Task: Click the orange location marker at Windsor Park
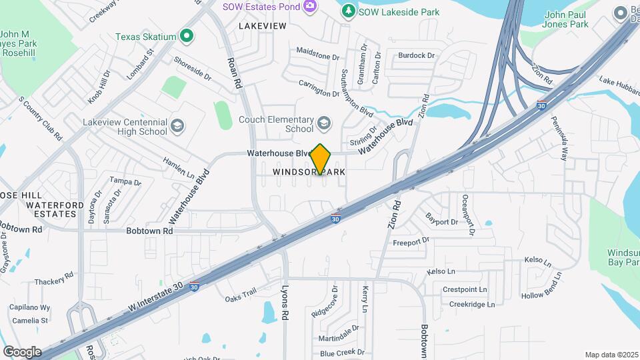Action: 321,159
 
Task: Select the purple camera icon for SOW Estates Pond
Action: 309,6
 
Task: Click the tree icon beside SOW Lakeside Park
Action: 347,11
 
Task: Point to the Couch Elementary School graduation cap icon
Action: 323,123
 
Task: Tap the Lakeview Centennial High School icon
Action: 177,125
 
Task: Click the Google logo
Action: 22,351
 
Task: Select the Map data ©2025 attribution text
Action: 611,355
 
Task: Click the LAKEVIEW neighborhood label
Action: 263,26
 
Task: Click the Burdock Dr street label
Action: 416,55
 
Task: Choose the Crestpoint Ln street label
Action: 465,290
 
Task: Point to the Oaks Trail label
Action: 240,293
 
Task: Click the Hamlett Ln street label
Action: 179,167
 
